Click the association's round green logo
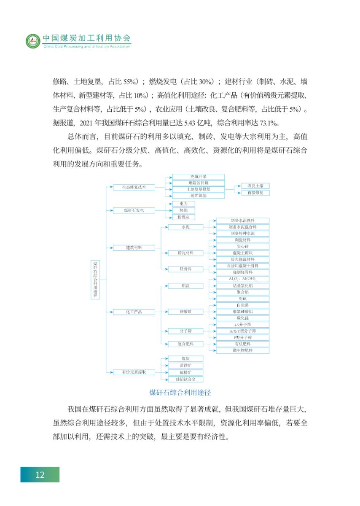[x=32, y=41]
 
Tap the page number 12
[x=40, y=475]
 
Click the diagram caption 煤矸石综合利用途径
[x=180, y=392]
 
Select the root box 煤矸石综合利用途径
[x=96, y=280]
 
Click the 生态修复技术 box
[x=134, y=187]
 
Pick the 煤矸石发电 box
[x=134, y=210]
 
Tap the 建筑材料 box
[x=134, y=248]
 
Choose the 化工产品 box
[x=134, y=312]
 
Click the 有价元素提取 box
[x=134, y=372]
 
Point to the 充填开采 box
[x=198, y=177]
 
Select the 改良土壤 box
[x=255, y=186]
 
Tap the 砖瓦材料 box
[x=185, y=253]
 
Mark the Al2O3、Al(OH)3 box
[x=242, y=279]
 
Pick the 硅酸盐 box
[x=185, y=312]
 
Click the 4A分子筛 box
[x=242, y=325]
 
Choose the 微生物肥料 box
[x=242, y=350]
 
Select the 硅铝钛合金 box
[x=185, y=379]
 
